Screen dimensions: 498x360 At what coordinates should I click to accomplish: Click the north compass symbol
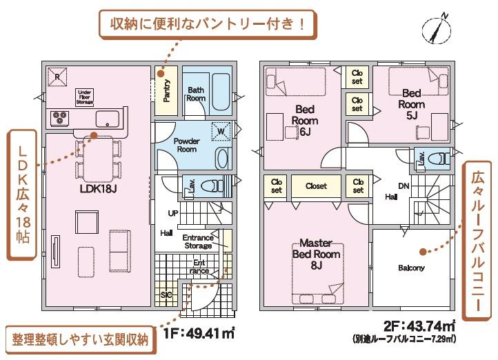[437, 29]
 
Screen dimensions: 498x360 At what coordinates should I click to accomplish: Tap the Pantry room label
[166, 90]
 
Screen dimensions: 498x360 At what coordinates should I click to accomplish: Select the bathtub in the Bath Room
[221, 92]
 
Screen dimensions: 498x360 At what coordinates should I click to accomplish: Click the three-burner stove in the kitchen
[60, 118]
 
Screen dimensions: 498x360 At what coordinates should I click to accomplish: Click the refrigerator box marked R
[57, 77]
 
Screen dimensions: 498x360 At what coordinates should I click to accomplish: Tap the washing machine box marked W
[221, 131]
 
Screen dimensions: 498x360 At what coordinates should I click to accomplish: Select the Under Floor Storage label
[85, 97]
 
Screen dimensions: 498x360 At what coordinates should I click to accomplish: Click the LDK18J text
[98, 189]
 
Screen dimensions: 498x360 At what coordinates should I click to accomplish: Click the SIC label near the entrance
[166, 295]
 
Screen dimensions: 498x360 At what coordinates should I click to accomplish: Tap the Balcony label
[411, 268]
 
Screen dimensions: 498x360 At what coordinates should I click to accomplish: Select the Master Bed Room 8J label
[316, 254]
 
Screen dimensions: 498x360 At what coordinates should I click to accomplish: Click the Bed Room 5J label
[411, 104]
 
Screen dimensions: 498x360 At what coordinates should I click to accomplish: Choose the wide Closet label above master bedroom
[316, 186]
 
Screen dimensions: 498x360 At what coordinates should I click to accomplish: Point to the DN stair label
[404, 186]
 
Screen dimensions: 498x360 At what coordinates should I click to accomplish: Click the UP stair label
[173, 214]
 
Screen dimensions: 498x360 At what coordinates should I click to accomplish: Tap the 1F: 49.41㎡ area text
[199, 333]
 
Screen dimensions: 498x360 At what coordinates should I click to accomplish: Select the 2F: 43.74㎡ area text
[419, 326]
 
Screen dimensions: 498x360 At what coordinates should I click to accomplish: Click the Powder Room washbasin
[223, 159]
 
